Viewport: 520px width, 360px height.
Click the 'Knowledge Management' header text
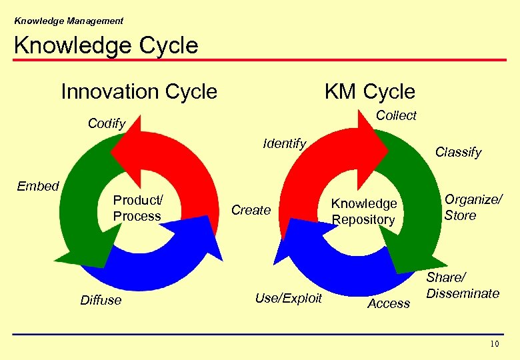(69, 21)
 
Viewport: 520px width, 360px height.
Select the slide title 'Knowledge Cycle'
(106, 45)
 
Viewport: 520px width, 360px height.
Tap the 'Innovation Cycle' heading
(139, 91)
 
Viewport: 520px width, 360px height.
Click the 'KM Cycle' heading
(369, 91)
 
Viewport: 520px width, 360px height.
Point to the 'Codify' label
(107, 123)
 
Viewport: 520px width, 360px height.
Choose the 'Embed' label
(38, 186)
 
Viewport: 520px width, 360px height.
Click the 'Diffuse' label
(101, 300)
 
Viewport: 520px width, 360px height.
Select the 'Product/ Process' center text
(137, 208)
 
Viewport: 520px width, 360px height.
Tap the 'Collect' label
(396, 115)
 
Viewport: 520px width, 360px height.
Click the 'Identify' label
(285, 143)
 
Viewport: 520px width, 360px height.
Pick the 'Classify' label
(458, 152)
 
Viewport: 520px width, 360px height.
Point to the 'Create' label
(251, 210)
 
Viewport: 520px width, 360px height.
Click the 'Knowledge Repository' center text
(364, 211)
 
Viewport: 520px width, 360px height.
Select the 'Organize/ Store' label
(473, 207)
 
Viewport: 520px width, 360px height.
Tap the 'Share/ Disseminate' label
(463, 285)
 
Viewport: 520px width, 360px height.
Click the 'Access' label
(389, 303)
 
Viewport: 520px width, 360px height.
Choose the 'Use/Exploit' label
(288, 298)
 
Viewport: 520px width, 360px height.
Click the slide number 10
(494, 344)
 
